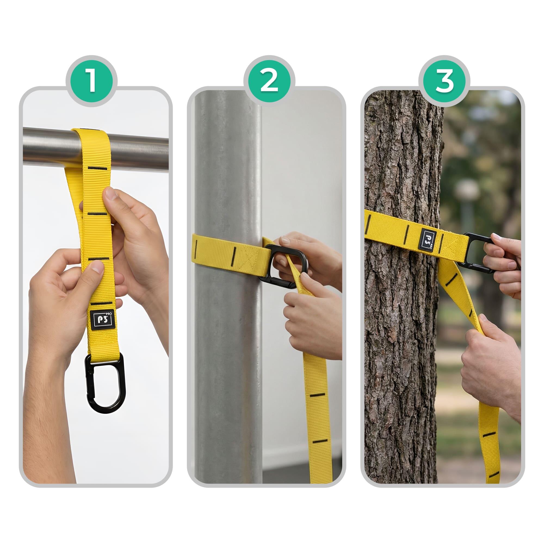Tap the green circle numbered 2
point(269,81)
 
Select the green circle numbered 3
point(444,81)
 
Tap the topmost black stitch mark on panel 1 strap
point(97,168)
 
